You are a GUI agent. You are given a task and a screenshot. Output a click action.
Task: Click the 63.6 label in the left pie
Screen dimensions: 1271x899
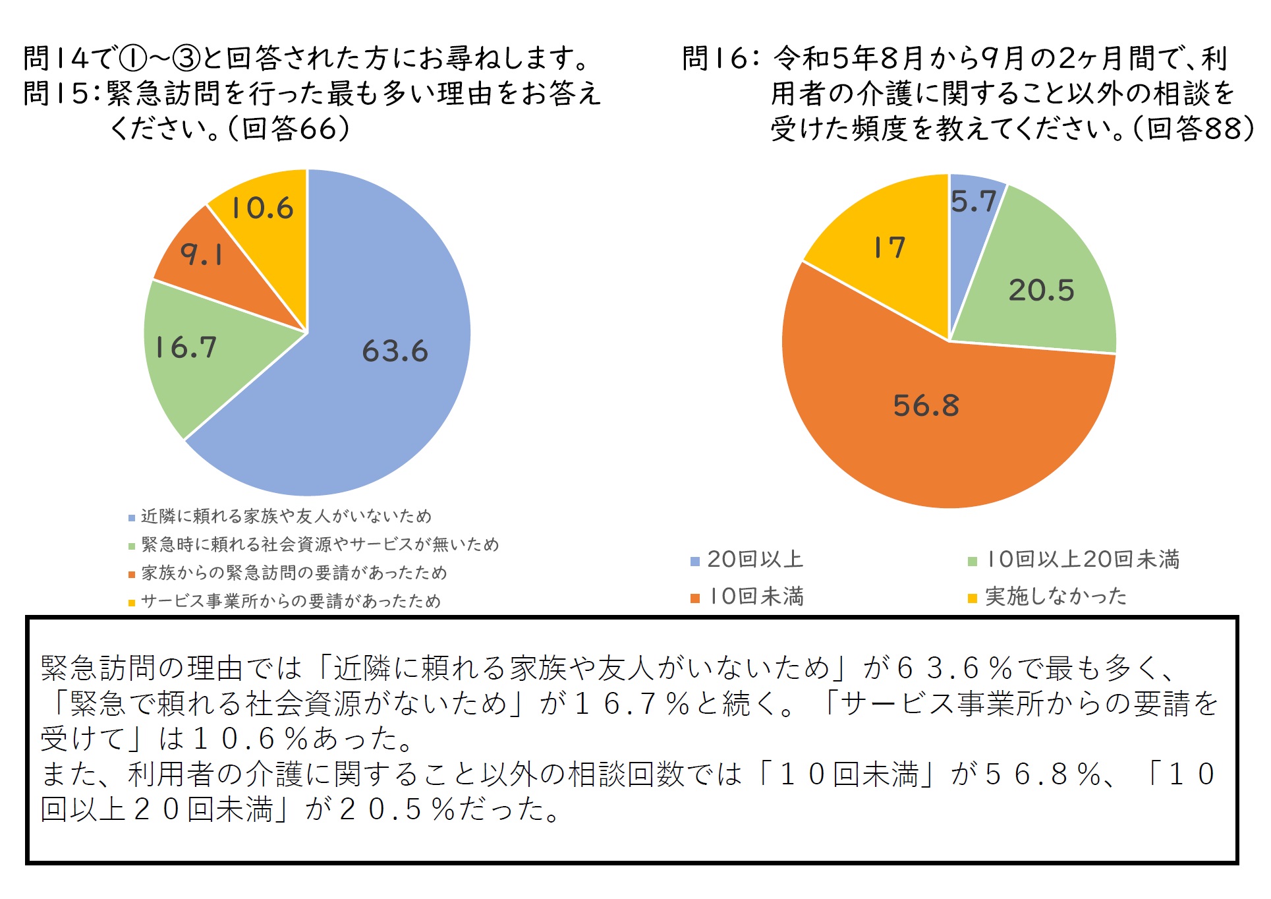395,351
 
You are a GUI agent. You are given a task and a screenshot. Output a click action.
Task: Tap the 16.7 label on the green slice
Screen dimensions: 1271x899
185,347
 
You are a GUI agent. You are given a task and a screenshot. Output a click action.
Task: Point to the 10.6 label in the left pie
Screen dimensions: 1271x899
262,208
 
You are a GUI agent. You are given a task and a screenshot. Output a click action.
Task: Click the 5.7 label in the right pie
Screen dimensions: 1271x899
973,201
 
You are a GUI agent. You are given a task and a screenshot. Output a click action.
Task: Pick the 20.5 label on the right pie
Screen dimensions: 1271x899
1041,290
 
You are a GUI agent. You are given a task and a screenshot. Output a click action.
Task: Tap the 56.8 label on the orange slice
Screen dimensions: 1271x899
926,405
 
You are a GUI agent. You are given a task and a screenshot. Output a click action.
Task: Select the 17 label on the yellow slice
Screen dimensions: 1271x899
890,248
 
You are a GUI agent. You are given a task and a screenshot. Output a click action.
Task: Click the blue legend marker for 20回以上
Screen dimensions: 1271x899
694,562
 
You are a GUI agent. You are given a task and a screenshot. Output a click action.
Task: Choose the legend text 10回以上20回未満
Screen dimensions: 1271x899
1083,560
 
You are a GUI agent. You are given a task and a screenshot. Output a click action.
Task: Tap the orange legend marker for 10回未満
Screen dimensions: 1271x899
694,598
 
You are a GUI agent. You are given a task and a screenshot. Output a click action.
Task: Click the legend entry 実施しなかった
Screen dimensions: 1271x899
1056,596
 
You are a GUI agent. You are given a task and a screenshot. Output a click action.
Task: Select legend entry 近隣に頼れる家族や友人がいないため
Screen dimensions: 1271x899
287,516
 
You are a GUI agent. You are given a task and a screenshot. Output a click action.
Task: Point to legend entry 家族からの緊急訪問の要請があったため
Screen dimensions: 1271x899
294,573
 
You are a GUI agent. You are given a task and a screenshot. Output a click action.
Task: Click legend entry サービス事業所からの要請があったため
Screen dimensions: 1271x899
291,601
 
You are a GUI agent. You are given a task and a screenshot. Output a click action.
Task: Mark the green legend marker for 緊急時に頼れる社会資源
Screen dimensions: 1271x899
132,546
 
